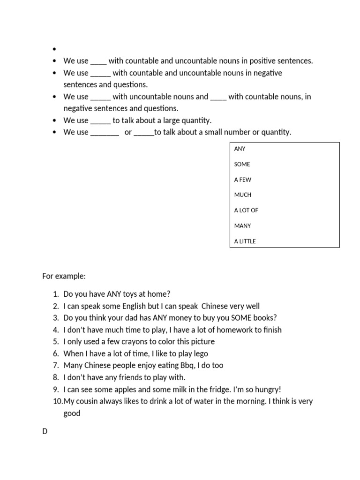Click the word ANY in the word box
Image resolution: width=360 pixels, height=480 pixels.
[240, 149]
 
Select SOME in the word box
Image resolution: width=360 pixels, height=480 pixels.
[242, 164]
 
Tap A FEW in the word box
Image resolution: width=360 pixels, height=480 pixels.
[243, 180]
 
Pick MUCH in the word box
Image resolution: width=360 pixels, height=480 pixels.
[243, 195]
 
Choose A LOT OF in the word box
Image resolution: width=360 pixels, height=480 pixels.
[246, 210]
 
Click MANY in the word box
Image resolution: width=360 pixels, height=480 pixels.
[243, 225]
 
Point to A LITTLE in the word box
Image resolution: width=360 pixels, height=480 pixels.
[245, 241]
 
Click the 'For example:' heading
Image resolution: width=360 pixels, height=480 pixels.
[64, 276]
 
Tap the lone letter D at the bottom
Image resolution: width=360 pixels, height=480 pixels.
[45, 431]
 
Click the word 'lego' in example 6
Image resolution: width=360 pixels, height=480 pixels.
[200, 353]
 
